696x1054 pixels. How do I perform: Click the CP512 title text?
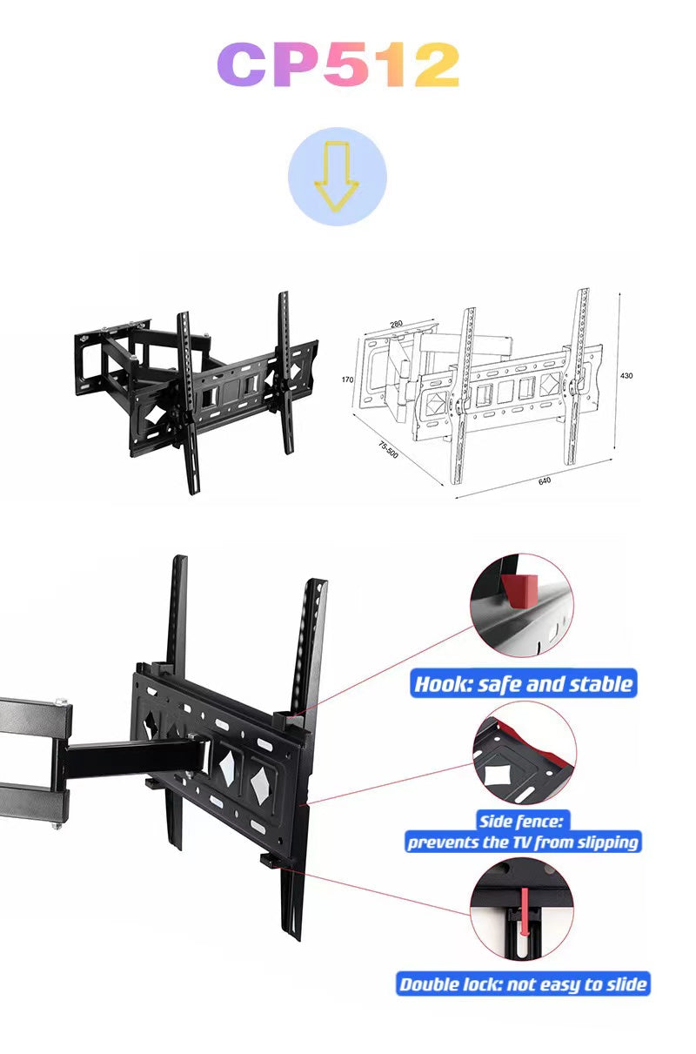[337, 65]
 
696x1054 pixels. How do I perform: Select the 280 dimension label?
[396, 325]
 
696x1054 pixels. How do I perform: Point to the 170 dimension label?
[347, 379]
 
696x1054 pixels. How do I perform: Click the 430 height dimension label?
[626, 376]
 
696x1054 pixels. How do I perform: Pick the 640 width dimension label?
[545, 480]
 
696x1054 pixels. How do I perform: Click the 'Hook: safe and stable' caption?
[523, 683]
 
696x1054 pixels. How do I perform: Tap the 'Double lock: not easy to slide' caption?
[523, 984]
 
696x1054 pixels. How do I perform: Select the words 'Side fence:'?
[523, 821]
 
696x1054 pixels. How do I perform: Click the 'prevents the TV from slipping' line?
[523, 842]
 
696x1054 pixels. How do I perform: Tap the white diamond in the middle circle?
[499, 772]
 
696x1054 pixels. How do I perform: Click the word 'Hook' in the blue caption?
[440, 683]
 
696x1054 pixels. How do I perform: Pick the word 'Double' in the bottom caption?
[431, 984]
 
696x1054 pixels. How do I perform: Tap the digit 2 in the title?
[435, 65]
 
